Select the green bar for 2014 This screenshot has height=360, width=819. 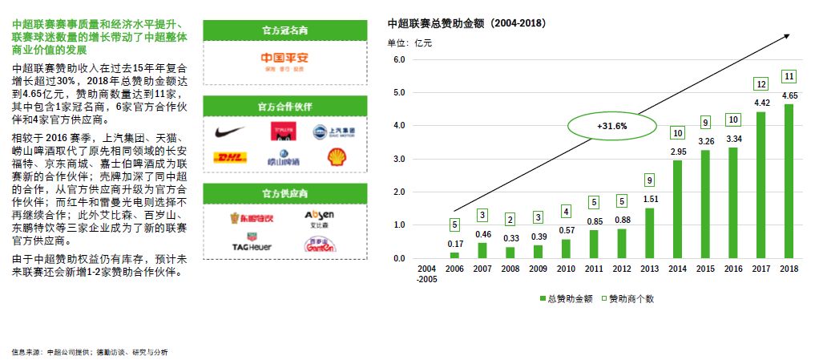click(x=678, y=209)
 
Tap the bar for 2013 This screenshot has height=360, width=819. click(x=650, y=233)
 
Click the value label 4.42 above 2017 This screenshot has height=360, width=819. click(x=760, y=103)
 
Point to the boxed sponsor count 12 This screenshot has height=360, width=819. click(x=761, y=84)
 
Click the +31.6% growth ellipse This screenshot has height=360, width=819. click(x=611, y=127)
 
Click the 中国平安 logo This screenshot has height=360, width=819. click(x=286, y=59)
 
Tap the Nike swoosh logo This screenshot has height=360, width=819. click(x=230, y=131)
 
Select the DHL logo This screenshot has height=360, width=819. click(x=230, y=157)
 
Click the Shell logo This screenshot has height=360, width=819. click(x=337, y=156)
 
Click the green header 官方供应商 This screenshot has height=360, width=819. click(x=285, y=193)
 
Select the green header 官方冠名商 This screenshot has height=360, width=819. click(x=285, y=30)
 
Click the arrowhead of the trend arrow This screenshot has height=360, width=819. click(x=788, y=36)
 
